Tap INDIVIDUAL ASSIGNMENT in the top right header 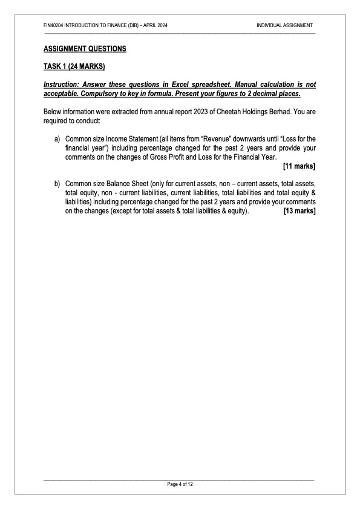click(x=284, y=25)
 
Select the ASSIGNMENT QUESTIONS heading click(x=85, y=48)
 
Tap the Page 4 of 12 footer click(x=180, y=485)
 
